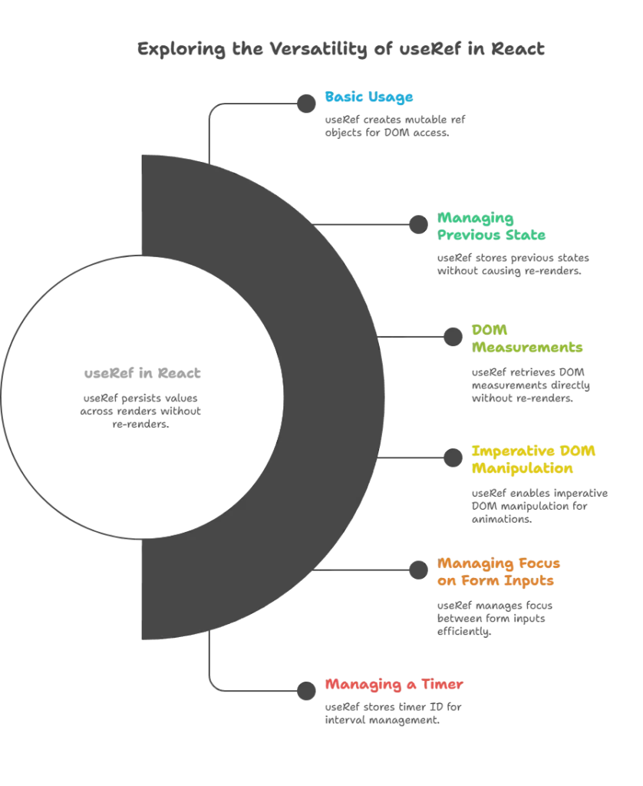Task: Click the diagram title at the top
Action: pos(340,50)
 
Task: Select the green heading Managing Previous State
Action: pos(491,226)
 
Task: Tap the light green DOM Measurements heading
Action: pos(526,339)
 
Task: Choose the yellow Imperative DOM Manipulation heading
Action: pos(534,459)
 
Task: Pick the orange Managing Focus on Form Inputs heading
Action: pos(500,573)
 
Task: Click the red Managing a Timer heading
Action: pos(394,684)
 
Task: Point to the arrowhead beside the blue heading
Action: pos(305,103)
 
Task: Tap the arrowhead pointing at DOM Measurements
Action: pos(450,335)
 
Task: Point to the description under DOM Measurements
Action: pos(530,384)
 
